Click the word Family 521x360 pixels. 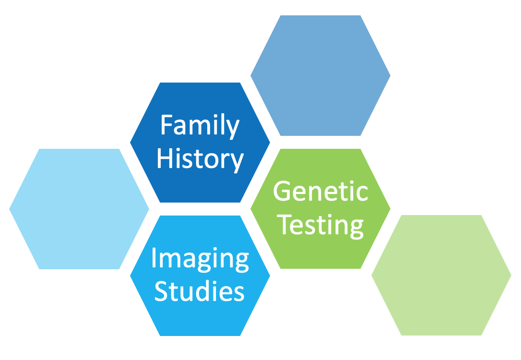pyautogui.click(x=200, y=127)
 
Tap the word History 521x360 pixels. pyautogui.click(x=201, y=160)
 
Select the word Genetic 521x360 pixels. pyautogui.click(x=320, y=191)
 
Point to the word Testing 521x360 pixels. pyautogui.click(x=320, y=227)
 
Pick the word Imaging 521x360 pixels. pyautogui.click(x=200, y=260)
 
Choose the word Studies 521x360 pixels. pyautogui.click(x=200, y=290)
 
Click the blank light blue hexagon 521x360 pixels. pyautogui.click(x=79, y=209)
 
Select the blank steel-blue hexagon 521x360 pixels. pyautogui.click(x=320, y=75)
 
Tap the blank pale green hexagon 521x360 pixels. pyautogui.click(x=441, y=275)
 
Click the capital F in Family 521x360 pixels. pyautogui.click(x=167, y=125)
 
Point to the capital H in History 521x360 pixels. pyautogui.click(x=165, y=158)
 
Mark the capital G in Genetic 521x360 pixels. pyautogui.click(x=282, y=191)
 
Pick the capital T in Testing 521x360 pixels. pyautogui.click(x=284, y=224)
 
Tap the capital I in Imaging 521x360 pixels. pyautogui.click(x=154, y=258)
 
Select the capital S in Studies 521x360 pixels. pyautogui.click(x=161, y=291)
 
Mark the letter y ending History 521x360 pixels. pyautogui.click(x=237, y=163)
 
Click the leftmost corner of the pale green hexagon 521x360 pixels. pyautogui.click(x=371, y=275)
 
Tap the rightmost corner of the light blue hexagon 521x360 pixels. pyautogui.click(x=149, y=209)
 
